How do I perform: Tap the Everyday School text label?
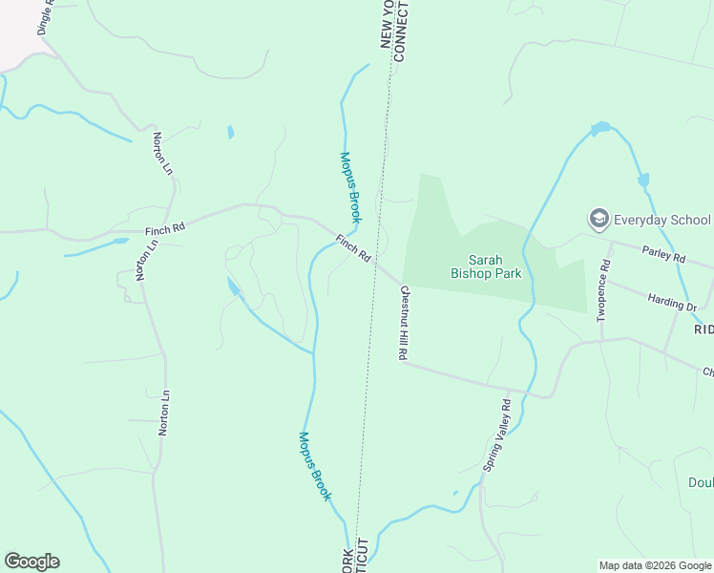[x=664, y=220]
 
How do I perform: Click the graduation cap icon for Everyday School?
[x=599, y=220]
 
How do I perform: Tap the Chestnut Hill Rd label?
[x=404, y=322]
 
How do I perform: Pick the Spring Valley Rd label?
[x=497, y=436]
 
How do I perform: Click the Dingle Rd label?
[x=47, y=18]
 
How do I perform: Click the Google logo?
[x=31, y=562]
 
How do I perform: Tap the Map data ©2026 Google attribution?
[x=656, y=565]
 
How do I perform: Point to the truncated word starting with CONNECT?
[x=400, y=32]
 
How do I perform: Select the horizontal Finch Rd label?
[x=164, y=229]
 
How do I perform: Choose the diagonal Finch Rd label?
[x=352, y=253]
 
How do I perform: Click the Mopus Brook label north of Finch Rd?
[x=350, y=187]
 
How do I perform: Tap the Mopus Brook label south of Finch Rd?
[x=314, y=466]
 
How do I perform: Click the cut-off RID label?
[x=703, y=329]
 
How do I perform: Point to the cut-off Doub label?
[x=701, y=482]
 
